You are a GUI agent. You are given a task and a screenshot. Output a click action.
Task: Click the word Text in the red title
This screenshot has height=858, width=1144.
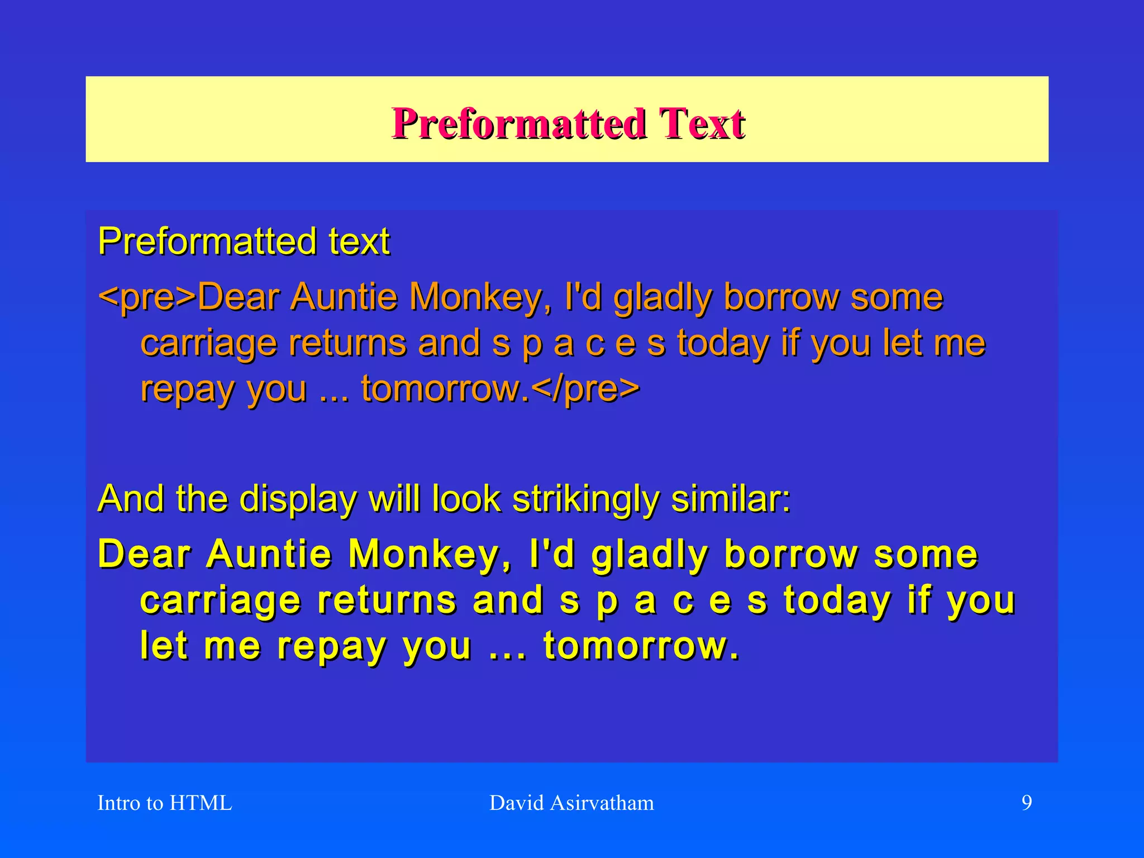click(x=702, y=123)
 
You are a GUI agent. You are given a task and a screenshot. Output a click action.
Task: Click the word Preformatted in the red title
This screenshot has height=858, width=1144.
click(x=519, y=123)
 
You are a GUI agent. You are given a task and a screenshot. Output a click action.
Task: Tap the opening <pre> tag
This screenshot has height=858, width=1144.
click(x=147, y=297)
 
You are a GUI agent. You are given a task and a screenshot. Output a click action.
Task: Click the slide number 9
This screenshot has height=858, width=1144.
click(x=1027, y=803)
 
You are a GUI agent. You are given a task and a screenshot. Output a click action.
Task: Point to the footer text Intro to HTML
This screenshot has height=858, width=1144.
click(x=164, y=803)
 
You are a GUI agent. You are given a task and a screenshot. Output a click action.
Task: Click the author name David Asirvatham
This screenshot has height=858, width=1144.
click(x=571, y=803)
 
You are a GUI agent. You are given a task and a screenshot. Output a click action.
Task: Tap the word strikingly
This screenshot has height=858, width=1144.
click(x=585, y=499)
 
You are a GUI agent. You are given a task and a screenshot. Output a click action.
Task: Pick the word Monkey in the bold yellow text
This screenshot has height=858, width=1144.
click(x=429, y=555)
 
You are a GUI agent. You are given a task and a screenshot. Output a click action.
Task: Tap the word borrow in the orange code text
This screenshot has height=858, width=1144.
click(x=781, y=297)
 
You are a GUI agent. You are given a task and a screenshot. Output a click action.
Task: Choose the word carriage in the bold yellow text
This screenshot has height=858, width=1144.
click(x=220, y=602)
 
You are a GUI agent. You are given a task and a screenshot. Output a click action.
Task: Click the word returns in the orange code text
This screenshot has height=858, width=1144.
click(x=347, y=343)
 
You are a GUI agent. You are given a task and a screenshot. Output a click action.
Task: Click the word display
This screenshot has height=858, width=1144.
click(x=298, y=499)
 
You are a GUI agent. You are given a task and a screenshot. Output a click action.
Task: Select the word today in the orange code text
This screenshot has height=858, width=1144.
click(x=723, y=343)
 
